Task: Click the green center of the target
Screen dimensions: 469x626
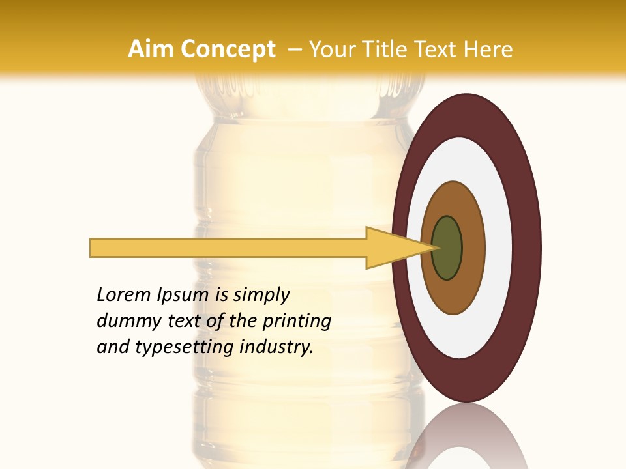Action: coord(447,248)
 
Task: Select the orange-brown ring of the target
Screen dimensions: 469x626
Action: coord(473,248)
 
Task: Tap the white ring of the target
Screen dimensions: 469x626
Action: coord(499,248)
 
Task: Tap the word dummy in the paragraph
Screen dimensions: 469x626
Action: coord(126,321)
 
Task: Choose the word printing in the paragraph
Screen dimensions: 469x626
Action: coord(297,322)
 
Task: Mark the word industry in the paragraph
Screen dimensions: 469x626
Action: coord(276,347)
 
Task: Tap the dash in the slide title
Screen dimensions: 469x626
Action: coord(294,50)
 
